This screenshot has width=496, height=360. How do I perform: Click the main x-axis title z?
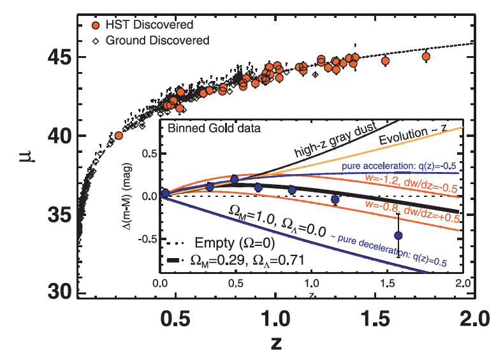click(275, 342)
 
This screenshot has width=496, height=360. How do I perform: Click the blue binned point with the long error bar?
click(399, 235)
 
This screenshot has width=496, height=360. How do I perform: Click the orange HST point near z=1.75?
click(426, 57)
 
